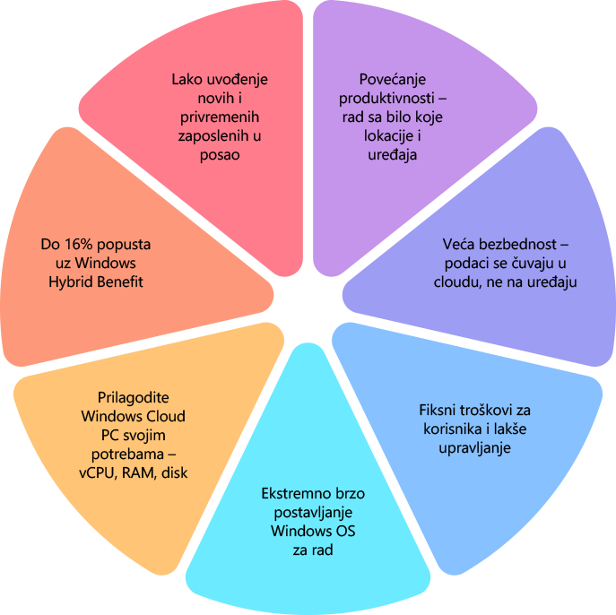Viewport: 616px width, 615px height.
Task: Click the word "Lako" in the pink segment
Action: tap(187, 79)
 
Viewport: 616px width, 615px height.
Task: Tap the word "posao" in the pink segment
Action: tap(221, 154)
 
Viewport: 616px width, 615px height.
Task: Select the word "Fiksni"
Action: tap(438, 410)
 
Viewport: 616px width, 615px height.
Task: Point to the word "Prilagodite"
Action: tap(133, 397)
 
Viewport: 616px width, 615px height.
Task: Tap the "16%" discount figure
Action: tap(78, 244)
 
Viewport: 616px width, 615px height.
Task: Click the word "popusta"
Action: tap(123, 244)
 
